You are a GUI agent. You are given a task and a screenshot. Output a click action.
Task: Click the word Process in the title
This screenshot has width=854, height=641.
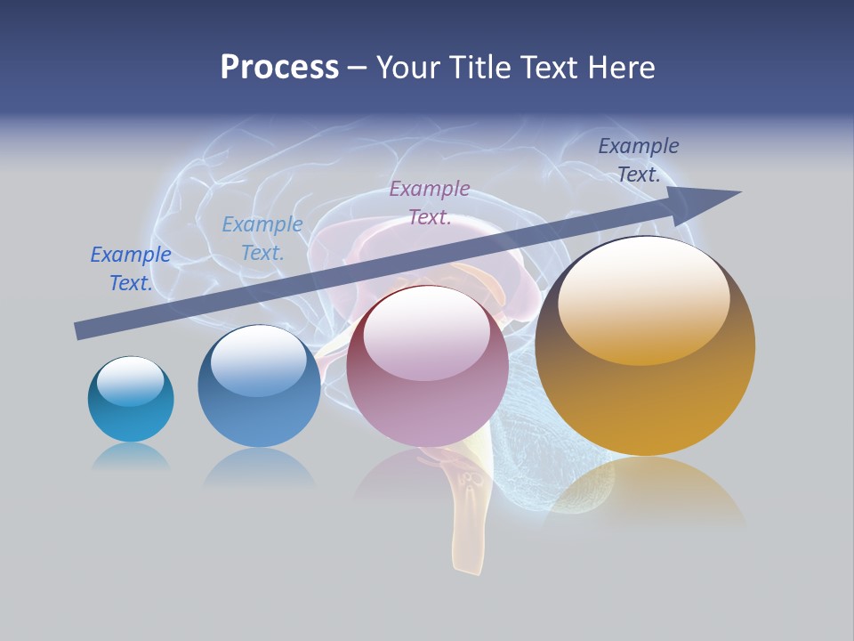click(x=279, y=68)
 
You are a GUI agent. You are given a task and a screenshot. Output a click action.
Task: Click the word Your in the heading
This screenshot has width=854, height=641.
click(x=411, y=68)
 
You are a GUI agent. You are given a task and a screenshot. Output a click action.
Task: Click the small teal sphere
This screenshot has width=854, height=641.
click(x=131, y=400)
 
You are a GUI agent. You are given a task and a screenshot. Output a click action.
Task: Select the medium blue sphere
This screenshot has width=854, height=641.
click(x=259, y=386)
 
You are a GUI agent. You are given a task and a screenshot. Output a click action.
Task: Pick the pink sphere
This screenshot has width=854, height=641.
click(x=427, y=367)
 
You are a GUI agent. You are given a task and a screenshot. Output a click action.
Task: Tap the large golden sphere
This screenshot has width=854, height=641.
click(x=645, y=347)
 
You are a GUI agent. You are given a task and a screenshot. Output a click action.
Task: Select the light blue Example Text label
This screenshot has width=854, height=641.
click(x=262, y=239)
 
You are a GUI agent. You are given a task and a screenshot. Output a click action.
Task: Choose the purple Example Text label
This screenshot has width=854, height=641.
click(x=430, y=203)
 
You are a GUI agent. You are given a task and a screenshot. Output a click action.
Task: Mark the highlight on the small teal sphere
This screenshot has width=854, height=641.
click(x=130, y=381)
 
